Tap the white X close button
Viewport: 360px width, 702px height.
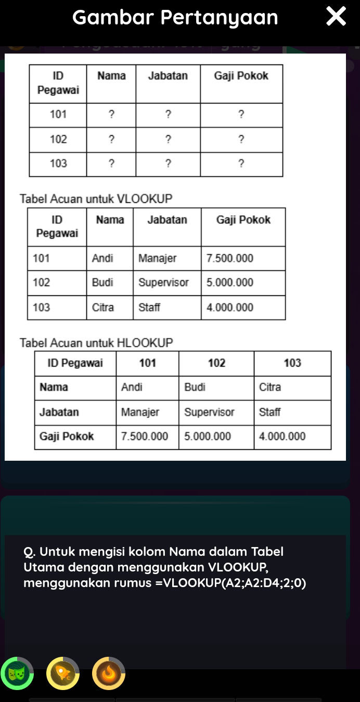(336, 17)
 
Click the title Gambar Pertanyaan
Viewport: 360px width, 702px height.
(175, 17)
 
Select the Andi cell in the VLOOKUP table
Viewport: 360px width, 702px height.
(102, 258)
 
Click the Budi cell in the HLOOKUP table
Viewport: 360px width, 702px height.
(195, 387)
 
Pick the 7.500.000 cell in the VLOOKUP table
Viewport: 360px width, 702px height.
(230, 258)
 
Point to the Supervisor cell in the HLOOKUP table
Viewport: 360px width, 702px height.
(209, 412)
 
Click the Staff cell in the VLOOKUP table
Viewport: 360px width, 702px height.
(149, 307)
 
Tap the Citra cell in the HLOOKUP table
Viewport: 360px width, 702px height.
(270, 387)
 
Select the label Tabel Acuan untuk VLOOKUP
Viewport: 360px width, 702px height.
(96, 199)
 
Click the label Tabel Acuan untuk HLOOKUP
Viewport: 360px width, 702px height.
(96, 343)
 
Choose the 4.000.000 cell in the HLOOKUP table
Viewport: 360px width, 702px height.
(282, 436)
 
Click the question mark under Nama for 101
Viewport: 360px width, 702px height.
(111, 114)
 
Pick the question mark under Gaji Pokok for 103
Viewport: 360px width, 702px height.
(241, 164)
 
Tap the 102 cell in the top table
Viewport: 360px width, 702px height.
(58, 139)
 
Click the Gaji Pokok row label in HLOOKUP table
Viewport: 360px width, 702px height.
(67, 436)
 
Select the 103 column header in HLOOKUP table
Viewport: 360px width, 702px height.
(292, 363)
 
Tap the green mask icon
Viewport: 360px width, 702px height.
(17, 673)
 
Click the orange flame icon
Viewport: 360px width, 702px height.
(109, 673)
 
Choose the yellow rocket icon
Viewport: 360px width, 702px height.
(63, 673)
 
